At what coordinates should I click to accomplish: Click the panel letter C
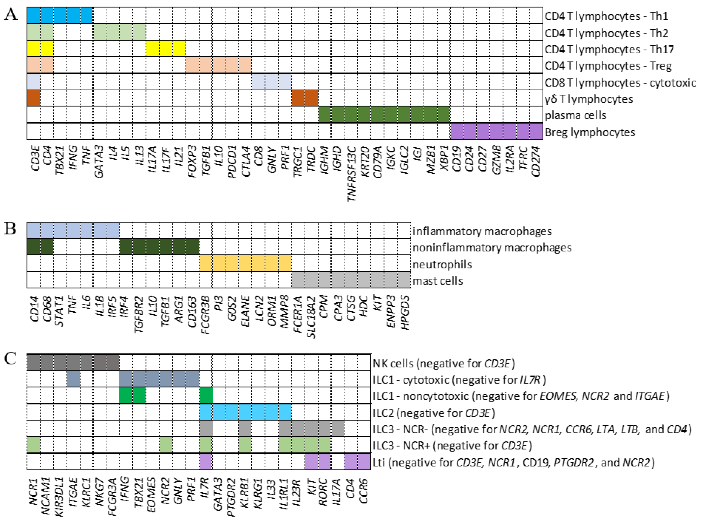(10, 359)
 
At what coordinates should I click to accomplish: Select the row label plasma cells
(575, 115)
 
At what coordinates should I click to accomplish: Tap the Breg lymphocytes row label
(590, 132)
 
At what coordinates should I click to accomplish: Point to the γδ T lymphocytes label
(589, 99)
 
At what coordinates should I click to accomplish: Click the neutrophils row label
(442, 264)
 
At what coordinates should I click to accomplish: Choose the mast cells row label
(438, 281)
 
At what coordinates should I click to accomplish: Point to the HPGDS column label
(404, 312)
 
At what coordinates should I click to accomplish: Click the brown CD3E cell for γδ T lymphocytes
(33, 98)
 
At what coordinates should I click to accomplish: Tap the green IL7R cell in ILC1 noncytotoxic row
(206, 395)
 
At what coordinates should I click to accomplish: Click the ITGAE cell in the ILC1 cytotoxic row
(73, 379)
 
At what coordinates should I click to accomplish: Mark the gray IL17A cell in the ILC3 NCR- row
(337, 428)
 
